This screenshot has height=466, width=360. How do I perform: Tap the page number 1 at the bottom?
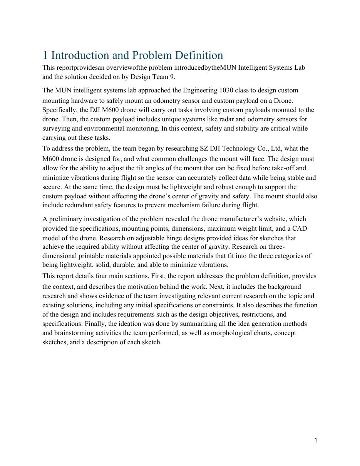pos(316,441)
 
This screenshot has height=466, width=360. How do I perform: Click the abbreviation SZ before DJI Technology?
pos(204,149)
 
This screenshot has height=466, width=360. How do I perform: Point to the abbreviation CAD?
pos(300,229)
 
